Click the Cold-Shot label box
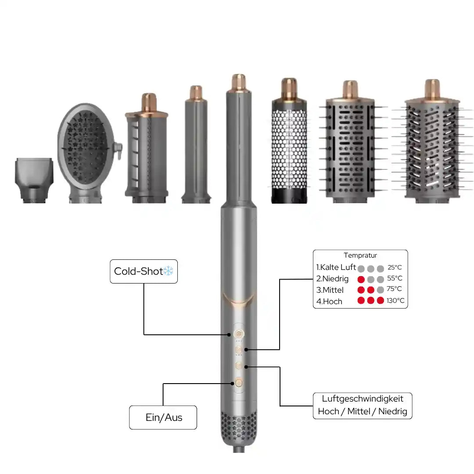[x=144, y=271]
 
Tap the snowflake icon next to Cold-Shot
[x=169, y=271]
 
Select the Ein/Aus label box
[x=163, y=417]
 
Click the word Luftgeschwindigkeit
[x=362, y=399]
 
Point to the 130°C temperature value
[x=395, y=301]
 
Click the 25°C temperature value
[x=395, y=267]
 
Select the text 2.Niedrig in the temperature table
[x=332, y=279]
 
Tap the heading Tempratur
[x=360, y=255]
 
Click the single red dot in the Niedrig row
[x=361, y=279]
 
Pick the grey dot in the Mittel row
[x=380, y=290]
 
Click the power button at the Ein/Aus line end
[x=239, y=383]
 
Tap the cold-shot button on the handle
[x=239, y=334]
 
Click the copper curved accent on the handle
[x=239, y=299]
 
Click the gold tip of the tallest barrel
[x=239, y=82]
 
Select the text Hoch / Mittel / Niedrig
[x=362, y=412]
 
